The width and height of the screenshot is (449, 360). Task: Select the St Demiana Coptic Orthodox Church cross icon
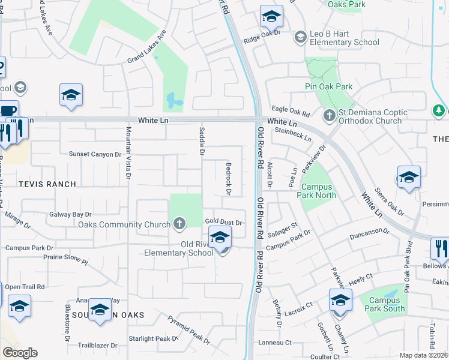tap(329, 115)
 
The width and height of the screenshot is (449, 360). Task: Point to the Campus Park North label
tap(316, 191)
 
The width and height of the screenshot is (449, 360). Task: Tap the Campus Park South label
tap(387, 304)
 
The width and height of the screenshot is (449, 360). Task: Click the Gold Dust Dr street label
tap(223, 223)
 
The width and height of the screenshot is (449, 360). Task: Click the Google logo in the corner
tap(20, 352)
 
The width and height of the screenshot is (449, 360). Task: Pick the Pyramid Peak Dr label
tap(188, 329)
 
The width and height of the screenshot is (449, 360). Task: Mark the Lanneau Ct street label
tap(275, 343)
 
